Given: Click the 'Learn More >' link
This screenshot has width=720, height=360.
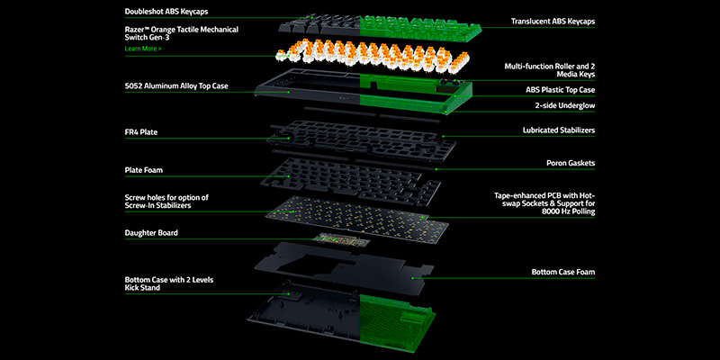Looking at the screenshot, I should (144, 49).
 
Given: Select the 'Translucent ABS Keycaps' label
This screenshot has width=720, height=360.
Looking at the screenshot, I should (553, 21).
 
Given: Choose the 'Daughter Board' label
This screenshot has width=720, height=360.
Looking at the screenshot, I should (151, 233).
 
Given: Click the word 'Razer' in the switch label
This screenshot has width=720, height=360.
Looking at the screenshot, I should (136, 29).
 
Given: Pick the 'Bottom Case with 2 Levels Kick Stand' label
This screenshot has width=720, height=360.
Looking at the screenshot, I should (169, 284).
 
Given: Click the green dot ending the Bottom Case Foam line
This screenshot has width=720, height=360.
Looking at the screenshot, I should (412, 278).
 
